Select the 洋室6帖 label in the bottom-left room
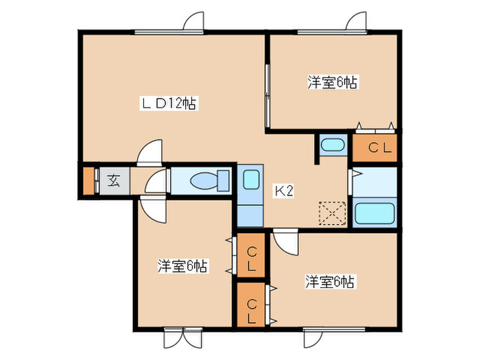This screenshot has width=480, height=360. pyautogui.click(x=182, y=265)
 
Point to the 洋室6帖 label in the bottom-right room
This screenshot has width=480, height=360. pyautogui.click(x=330, y=281)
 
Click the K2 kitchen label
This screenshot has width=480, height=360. pyautogui.click(x=285, y=191)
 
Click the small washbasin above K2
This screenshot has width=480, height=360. pyautogui.click(x=333, y=145)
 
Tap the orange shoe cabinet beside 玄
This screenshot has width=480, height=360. pyautogui.click(x=88, y=181)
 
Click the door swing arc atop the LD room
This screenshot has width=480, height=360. pyautogui.click(x=194, y=21)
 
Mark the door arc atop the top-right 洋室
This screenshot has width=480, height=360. pyautogui.click(x=356, y=21)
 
